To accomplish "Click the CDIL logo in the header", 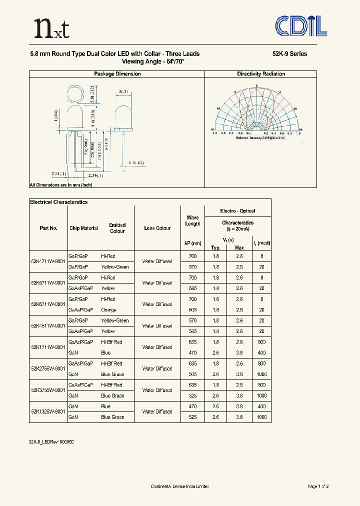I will pos(302,26).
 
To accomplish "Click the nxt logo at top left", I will pos(50,29).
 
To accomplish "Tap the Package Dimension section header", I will pos(117,74).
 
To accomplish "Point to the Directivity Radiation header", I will pos(261,74).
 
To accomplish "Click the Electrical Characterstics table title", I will pos(58,202).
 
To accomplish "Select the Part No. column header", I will pos(48,228).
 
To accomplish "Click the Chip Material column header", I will pos(83,228).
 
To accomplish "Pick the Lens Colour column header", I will pos(157,228).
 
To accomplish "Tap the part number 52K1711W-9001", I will pos(48,347).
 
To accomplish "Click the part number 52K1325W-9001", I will pos(48,411).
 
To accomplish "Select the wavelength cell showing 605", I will pos(193,310).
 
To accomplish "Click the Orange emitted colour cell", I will pos(108,310).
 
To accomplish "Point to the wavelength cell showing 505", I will pos(193,374).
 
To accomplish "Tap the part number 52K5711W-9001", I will pos(48,282).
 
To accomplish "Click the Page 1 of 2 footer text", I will pos(317,486).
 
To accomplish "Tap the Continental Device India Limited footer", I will pos(180,486).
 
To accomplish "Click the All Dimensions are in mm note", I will pos(60,184).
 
